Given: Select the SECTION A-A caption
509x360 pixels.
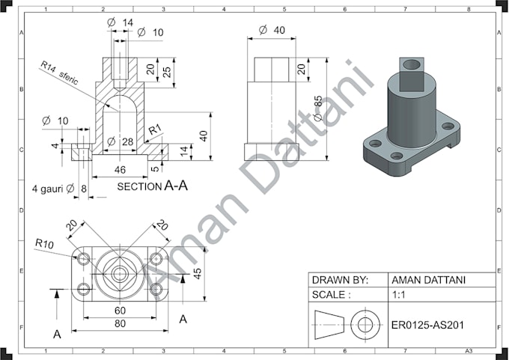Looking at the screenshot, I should (x=153, y=186).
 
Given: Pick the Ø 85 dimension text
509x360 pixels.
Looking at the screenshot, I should (x=318, y=109).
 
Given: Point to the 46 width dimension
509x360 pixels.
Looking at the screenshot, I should (x=120, y=170).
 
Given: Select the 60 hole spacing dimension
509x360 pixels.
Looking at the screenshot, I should (x=120, y=310).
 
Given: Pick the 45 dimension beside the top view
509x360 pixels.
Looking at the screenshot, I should (x=198, y=273).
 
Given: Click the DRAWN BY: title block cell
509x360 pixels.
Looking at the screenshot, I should (x=340, y=280).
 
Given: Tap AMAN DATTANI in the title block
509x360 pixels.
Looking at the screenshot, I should (x=427, y=280).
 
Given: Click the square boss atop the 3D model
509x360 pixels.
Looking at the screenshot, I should (x=412, y=72).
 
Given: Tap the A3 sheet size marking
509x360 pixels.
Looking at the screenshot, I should (x=469, y=350).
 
